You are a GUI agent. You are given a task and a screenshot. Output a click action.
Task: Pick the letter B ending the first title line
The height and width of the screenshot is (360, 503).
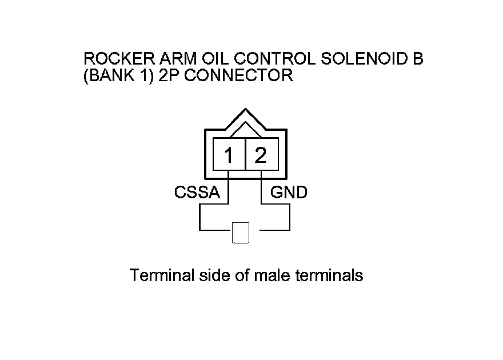(x=418, y=59)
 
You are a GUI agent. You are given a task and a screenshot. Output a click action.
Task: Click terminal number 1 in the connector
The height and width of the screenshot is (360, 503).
(x=229, y=155)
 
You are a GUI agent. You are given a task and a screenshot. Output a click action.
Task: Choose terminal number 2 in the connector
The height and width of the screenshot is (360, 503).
(x=261, y=155)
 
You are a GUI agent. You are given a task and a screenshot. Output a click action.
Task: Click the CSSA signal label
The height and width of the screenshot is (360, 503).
(x=197, y=193)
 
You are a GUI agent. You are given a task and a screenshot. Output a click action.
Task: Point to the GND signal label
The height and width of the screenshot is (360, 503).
(x=289, y=193)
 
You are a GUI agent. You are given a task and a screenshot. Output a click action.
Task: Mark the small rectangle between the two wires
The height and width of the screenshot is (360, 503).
(x=241, y=232)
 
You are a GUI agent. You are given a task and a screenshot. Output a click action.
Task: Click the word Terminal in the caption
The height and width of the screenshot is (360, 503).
(x=161, y=276)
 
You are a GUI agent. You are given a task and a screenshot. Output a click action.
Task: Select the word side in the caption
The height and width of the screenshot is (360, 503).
(x=213, y=276)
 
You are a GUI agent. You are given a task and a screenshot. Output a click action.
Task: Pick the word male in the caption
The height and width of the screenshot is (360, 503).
(x=273, y=276)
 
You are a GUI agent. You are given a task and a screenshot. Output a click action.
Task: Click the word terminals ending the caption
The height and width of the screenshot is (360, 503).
(x=329, y=276)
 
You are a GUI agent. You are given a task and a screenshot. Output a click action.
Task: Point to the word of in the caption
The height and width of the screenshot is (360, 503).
(x=243, y=276)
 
